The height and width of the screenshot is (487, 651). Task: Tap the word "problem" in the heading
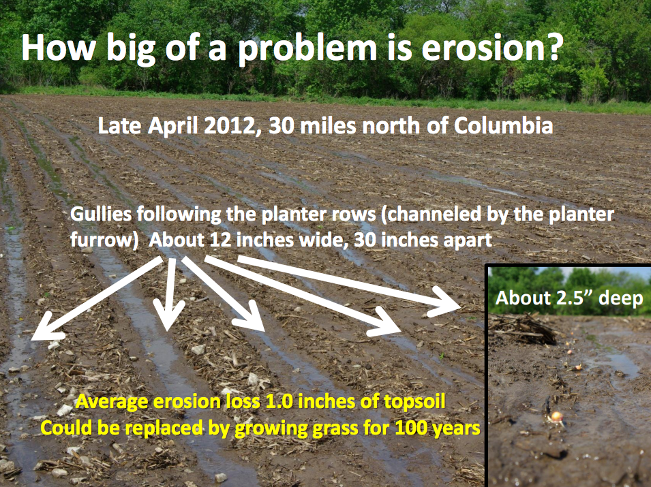[x=307, y=50]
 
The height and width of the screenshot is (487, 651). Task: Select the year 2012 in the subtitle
[x=230, y=126]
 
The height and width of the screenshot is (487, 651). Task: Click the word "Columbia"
[x=503, y=125]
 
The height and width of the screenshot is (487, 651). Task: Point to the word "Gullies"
[x=101, y=215]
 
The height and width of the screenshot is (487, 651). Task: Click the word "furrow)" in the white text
[x=104, y=240]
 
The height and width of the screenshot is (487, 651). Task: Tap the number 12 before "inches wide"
[x=220, y=240]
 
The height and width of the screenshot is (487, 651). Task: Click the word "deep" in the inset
[x=621, y=299]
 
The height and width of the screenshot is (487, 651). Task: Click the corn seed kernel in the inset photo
[x=556, y=415]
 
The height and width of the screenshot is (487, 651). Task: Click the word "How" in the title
[x=59, y=48]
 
